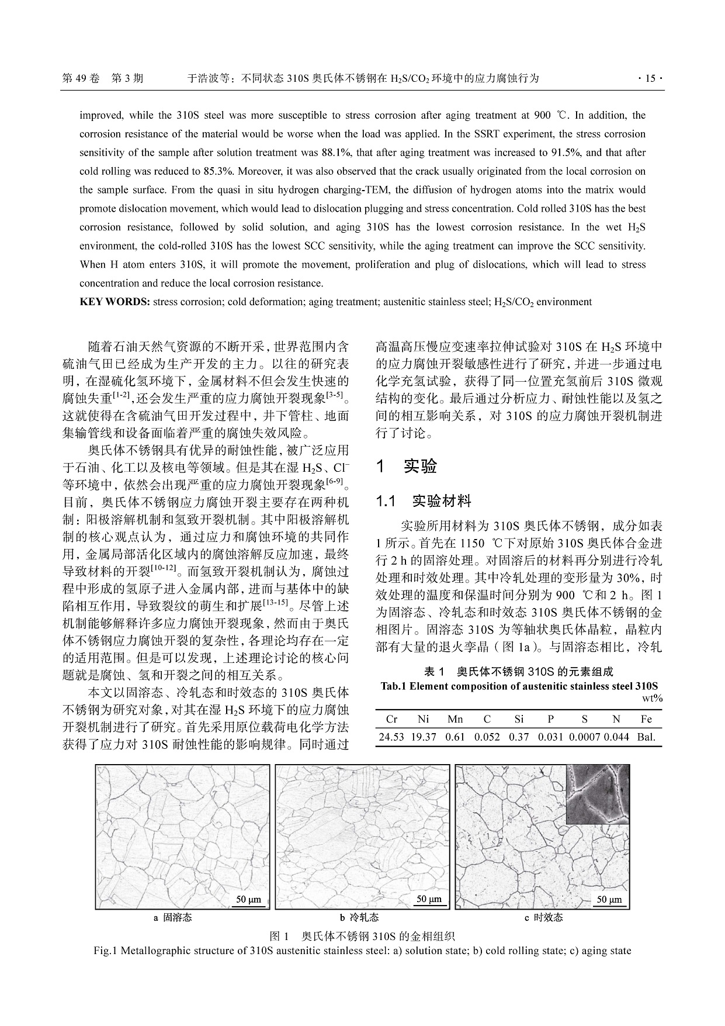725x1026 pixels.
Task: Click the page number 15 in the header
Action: (x=650, y=78)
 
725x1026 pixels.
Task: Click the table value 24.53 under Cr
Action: (x=391, y=737)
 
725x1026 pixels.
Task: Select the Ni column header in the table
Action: (x=423, y=719)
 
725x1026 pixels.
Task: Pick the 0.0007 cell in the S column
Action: (x=585, y=737)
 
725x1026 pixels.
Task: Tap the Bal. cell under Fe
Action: (x=646, y=737)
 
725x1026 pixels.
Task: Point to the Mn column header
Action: (x=455, y=719)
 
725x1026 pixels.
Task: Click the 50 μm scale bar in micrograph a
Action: (x=248, y=900)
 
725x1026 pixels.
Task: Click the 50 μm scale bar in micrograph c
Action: (x=609, y=900)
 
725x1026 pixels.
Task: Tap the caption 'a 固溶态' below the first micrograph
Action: (x=172, y=918)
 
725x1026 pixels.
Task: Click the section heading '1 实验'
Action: (x=407, y=467)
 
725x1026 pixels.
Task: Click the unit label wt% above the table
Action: (x=653, y=698)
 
